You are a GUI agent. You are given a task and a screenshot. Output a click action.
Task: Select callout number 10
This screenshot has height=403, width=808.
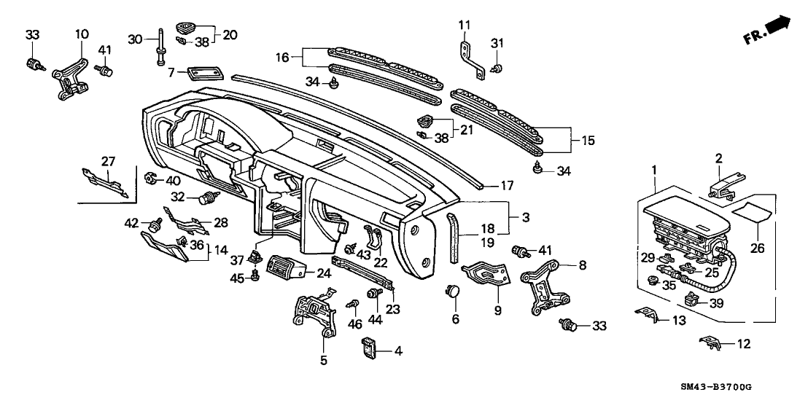click(82, 34)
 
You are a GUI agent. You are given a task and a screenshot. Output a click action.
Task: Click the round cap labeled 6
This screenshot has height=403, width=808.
click(454, 292)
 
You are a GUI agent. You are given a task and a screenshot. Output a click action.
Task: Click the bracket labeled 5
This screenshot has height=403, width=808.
click(314, 314)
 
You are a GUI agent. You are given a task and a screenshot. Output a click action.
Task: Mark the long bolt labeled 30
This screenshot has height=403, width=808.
click(158, 47)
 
